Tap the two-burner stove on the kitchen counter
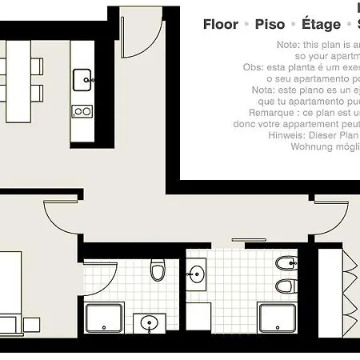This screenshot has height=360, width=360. [82, 111]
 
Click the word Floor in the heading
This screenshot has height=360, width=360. [221, 25]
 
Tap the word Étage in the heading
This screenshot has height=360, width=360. [322, 25]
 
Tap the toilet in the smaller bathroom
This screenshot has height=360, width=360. [158, 272]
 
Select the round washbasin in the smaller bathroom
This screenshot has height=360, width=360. [148, 324]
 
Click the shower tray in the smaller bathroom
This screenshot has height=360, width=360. [104, 319]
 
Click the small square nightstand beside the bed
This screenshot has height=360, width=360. [32, 324]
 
